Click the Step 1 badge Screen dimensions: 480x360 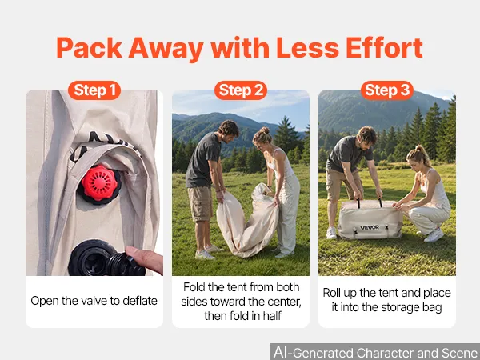pos(94,90)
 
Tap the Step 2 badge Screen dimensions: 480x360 pos(241,90)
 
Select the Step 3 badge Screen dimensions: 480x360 pos(387,90)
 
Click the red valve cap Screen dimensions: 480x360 pos(99,182)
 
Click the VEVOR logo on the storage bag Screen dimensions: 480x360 pos(370,227)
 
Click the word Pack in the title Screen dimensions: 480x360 pos(89,48)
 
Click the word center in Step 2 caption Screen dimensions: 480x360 pos(284,302)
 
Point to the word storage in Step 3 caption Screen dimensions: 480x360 pos(399,307)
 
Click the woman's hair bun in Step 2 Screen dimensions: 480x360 pos(265,130)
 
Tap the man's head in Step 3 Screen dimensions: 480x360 pos(366,137)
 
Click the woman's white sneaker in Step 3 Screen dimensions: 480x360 pos(434,235)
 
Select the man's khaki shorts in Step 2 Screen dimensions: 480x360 pos(201,203)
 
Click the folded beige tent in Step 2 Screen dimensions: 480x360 pos(247,221)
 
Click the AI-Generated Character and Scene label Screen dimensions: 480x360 pos(376,352)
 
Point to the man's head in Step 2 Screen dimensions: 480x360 pos(228,131)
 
